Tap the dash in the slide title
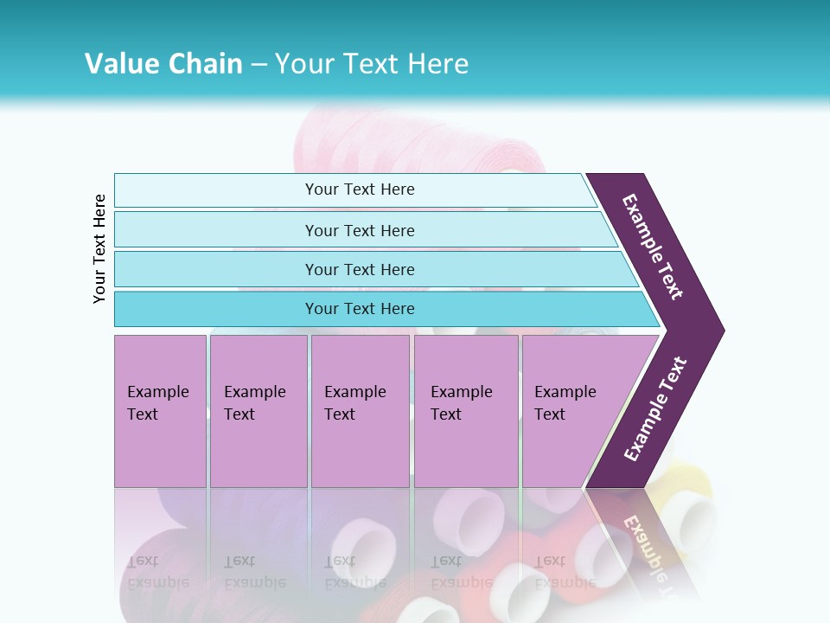point(259,64)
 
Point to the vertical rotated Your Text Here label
point(99,248)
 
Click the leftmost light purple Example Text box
point(160,411)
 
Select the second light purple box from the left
point(259,411)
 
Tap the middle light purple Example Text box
point(360,411)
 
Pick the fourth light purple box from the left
point(466,411)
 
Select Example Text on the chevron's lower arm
point(655,409)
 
